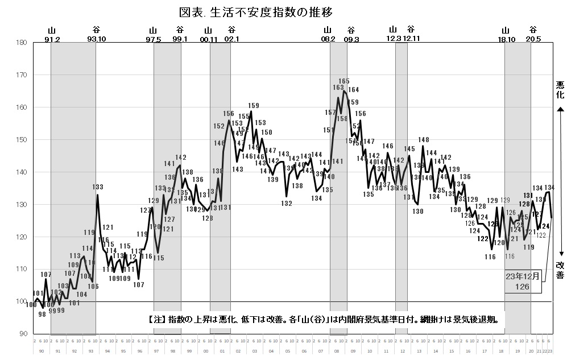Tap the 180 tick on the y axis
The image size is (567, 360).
click(21, 43)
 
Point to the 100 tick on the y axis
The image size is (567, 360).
click(21, 302)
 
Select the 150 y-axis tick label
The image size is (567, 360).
click(21, 140)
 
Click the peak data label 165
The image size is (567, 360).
click(344, 81)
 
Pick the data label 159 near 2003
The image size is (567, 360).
click(254, 106)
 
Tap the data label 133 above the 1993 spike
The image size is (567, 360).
click(98, 187)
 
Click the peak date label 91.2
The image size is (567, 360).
click(52, 39)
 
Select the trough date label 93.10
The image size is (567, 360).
click(97, 39)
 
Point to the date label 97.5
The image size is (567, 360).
click(154, 39)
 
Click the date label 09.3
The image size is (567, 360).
click(351, 39)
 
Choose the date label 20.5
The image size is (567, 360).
click(533, 39)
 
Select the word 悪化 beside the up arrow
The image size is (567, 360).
click(560, 89)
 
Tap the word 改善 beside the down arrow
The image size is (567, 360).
click(560, 270)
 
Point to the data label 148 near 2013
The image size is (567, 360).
click(424, 140)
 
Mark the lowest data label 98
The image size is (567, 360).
click(42, 314)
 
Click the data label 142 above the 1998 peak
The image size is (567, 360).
click(181, 158)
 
